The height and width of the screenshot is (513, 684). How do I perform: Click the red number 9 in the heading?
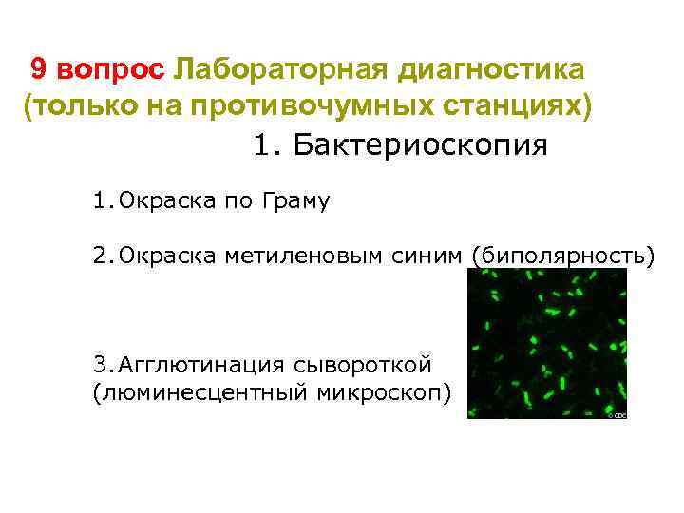(39, 69)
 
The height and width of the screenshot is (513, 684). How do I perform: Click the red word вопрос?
(111, 69)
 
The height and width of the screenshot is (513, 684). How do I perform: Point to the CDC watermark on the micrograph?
(617, 414)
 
